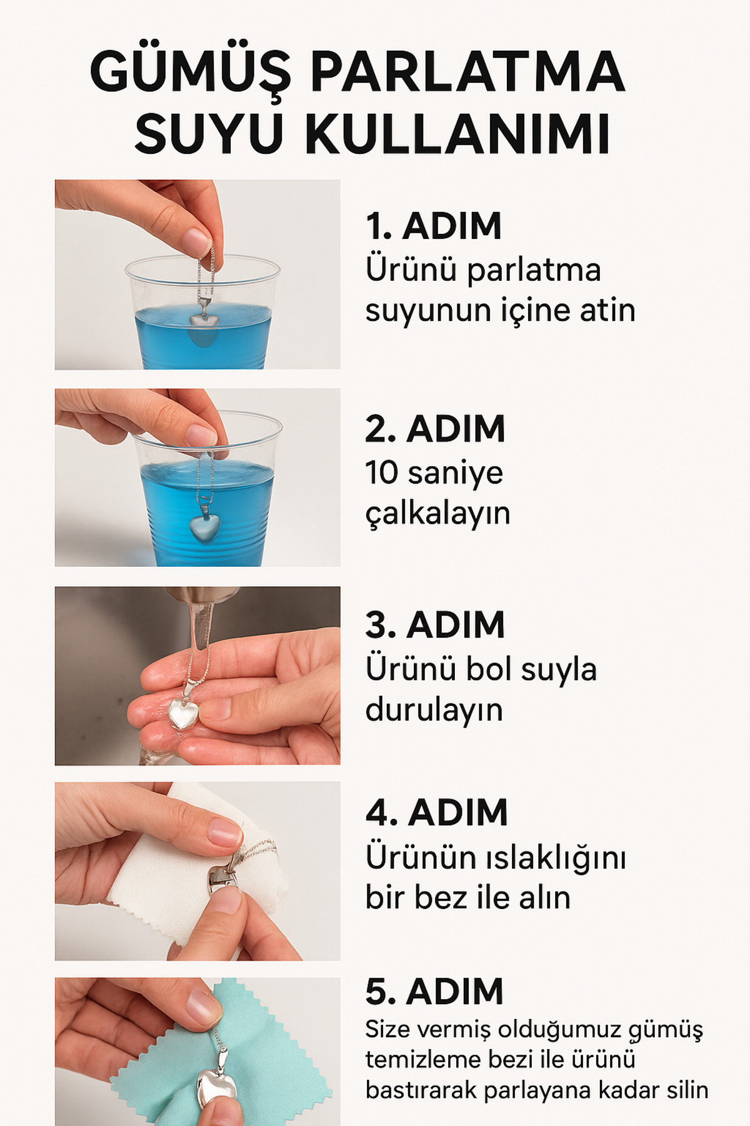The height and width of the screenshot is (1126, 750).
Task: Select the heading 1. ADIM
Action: [433, 226]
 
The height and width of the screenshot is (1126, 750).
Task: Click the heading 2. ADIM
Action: [435, 429]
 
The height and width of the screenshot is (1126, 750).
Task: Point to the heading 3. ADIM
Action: [435, 624]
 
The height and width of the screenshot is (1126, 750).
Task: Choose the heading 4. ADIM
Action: [436, 813]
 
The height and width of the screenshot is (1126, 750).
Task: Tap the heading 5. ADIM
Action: [434, 992]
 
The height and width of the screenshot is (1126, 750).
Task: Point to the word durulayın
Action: [434, 710]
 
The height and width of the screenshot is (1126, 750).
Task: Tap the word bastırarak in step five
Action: [421, 1090]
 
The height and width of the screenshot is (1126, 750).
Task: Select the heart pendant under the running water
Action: [183, 714]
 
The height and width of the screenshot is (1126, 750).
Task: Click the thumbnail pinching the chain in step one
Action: [197, 239]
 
